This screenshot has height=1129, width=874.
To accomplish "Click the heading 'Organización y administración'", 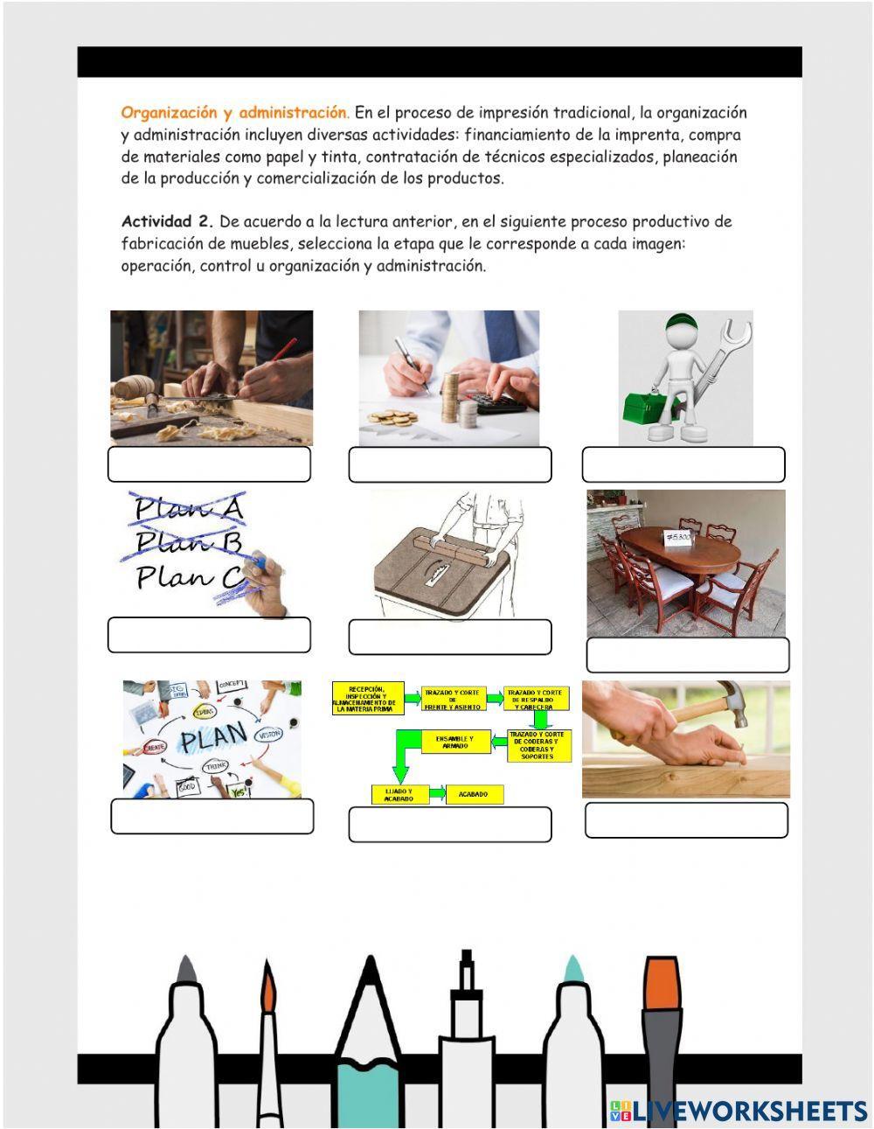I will (234, 113).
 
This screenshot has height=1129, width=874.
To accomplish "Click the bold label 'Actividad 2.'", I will (167, 221).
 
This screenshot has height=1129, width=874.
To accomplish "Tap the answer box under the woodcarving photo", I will (209, 464).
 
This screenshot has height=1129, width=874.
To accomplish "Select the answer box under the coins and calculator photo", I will (449, 464).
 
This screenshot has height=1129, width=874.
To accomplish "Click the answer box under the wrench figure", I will (683, 464).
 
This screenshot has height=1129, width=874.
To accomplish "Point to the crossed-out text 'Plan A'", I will (187, 508).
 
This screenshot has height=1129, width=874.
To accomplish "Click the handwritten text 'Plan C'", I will (189, 577).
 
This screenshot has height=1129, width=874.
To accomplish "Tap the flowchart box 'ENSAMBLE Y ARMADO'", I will (454, 742).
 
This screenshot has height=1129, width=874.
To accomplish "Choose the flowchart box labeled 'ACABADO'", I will (474, 794).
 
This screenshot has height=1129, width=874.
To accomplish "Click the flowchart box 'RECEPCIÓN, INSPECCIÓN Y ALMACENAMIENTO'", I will (364, 697).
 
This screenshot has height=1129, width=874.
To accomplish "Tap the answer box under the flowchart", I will (449, 825).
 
